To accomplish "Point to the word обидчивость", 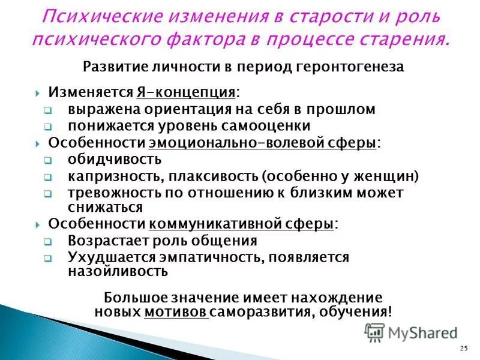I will (x=115, y=160).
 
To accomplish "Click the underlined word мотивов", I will (x=176, y=312).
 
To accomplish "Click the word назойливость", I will (x=118, y=271).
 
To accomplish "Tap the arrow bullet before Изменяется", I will (x=37, y=94).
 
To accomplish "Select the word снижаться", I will (x=105, y=208).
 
